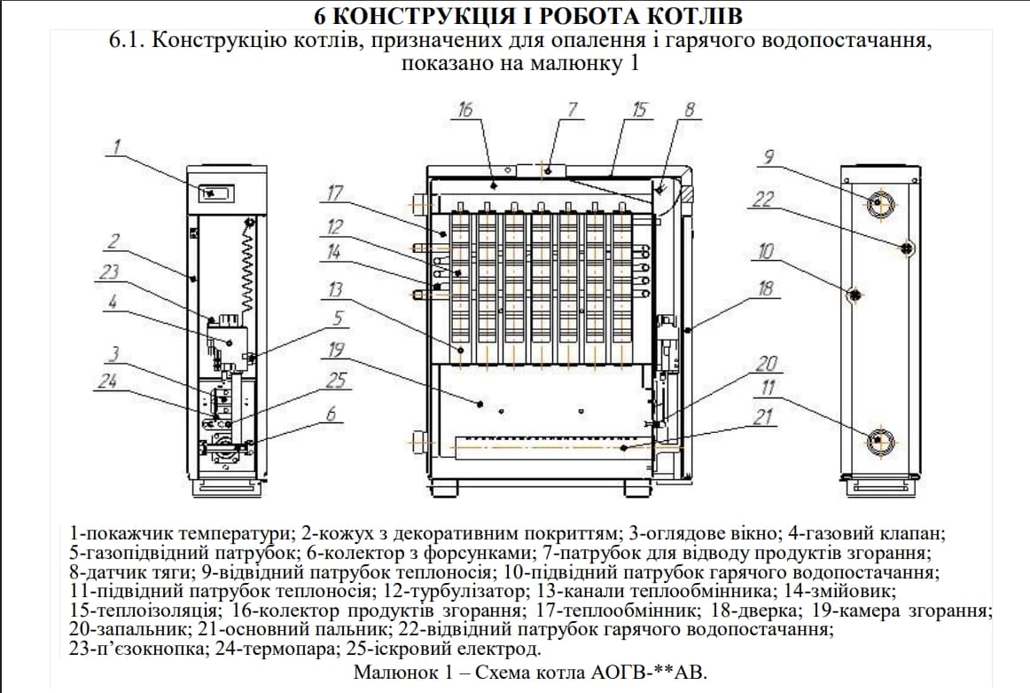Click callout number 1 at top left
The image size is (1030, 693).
pos(116,146)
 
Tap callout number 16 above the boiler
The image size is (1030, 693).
pos(466,109)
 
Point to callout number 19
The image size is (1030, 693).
pos(336,349)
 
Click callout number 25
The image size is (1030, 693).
pos(336,381)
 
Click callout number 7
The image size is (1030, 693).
pos(573,109)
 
